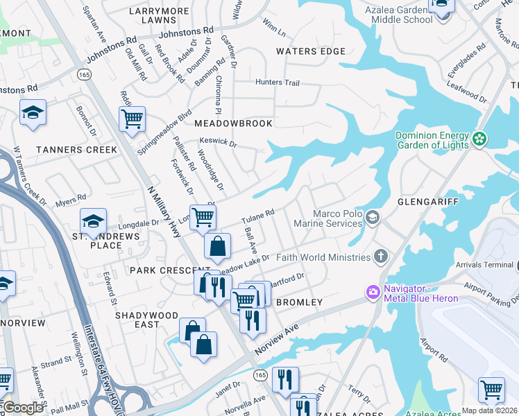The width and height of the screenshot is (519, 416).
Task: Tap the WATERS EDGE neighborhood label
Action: (x=310, y=51)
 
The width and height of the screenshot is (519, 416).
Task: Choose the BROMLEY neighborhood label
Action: (x=299, y=302)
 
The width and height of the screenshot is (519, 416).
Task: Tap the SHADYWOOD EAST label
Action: (x=146, y=320)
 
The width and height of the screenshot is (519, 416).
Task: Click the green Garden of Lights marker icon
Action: (x=479, y=140)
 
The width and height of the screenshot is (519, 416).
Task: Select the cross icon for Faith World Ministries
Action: (x=380, y=257)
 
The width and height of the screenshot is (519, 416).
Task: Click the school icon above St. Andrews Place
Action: (x=93, y=221)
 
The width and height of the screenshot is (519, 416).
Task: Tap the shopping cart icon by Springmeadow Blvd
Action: (x=131, y=119)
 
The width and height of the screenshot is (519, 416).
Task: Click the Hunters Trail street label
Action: (x=278, y=83)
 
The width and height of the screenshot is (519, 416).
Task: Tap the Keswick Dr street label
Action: (x=218, y=144)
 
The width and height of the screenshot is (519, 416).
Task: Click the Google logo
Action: (x=23, y=408)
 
